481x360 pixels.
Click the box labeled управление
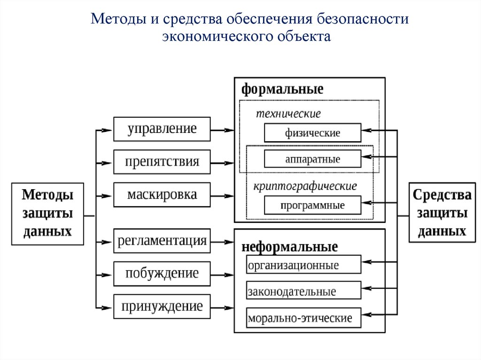pos(162,129)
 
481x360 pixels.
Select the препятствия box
pos(162,162)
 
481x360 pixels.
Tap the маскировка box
pos(162,195)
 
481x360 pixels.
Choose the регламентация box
pos(162,241)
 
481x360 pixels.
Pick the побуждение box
pos(162,273)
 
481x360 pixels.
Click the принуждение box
pos(162,306)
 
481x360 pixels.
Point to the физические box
pos(312,133)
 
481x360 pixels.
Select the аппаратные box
pos(312,159)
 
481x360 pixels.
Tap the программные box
pos(312,205)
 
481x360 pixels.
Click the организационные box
pos(303,265)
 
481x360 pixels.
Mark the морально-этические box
pos(303,318)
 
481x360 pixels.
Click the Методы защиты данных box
pos(48,213)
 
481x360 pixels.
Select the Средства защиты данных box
pos(442,212)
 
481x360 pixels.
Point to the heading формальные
pos(282,89)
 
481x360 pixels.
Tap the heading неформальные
pos(290,247)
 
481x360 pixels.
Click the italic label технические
pos(288,114)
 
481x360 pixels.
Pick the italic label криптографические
pos(305,186)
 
